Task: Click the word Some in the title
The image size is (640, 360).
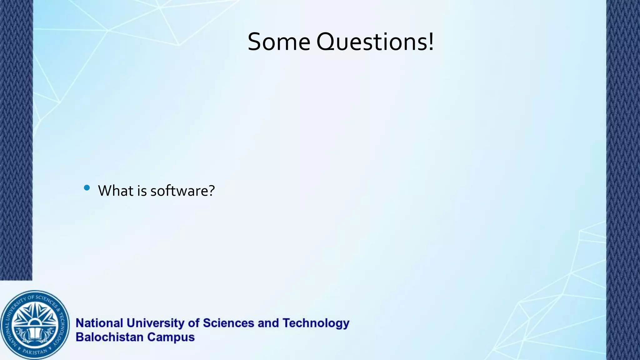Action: coord(279,42)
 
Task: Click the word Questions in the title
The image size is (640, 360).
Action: coord(372,42)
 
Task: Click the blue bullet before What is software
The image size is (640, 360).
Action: coord(87,188)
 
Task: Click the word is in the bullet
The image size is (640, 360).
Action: coord(142,191)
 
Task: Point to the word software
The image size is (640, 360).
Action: coord(179,191)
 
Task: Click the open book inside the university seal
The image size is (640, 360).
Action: coord(35,334)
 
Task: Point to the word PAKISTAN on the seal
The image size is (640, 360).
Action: coord(35,352)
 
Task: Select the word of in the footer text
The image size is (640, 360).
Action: coord(194,323)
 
